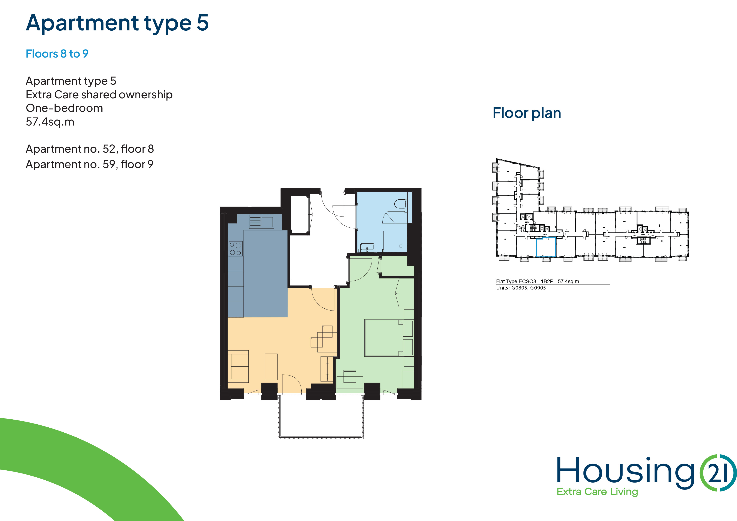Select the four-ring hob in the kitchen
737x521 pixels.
(x=236, y=248)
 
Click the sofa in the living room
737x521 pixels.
(x=238, y=366)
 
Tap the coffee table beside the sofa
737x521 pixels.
(x=271, y=367)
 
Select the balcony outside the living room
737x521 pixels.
(x=321, y=416)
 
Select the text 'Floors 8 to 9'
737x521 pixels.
(x=57, y=54)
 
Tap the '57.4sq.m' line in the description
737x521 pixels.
(x=50, y=122)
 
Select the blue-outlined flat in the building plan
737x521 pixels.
(x=546, y=247)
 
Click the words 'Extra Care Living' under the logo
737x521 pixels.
(x=597, y=492)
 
